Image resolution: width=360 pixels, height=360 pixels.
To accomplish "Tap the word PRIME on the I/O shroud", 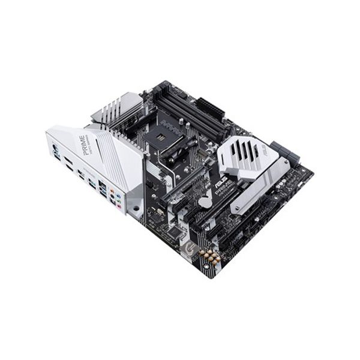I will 83,144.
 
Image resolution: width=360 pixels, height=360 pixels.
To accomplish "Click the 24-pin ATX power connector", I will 210,108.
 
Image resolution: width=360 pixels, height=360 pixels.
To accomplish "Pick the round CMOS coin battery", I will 206,202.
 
